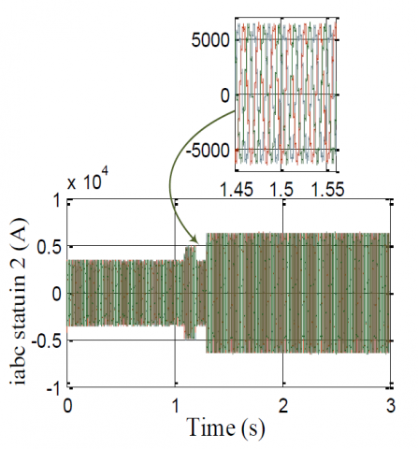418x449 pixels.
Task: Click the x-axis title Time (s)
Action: pos(226,427)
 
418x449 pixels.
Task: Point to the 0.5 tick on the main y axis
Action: pos(50,247)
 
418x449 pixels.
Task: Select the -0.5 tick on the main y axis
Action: pos(47,341)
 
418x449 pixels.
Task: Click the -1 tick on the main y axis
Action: pos(54,388)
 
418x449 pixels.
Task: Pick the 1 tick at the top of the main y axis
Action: pos(57,200)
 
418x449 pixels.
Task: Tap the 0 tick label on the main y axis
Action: pos(57,294)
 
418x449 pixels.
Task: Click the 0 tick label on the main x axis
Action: pos(67,406)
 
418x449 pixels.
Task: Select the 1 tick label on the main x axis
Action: pos(175,406)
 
